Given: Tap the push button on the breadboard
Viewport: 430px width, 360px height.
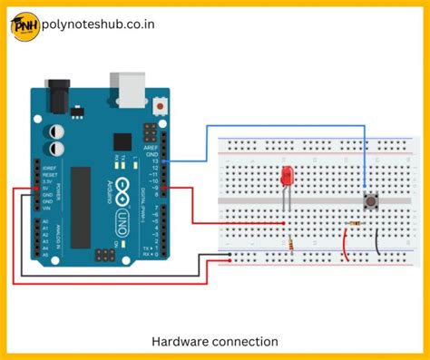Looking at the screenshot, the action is (370, 200).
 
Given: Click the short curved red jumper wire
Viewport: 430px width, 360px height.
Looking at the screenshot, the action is (345, 242).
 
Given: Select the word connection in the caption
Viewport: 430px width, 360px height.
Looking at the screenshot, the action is (244, 341).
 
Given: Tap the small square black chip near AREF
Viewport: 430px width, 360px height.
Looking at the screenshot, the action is (121, 142).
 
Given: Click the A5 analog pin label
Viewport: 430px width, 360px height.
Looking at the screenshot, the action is (43, 254).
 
